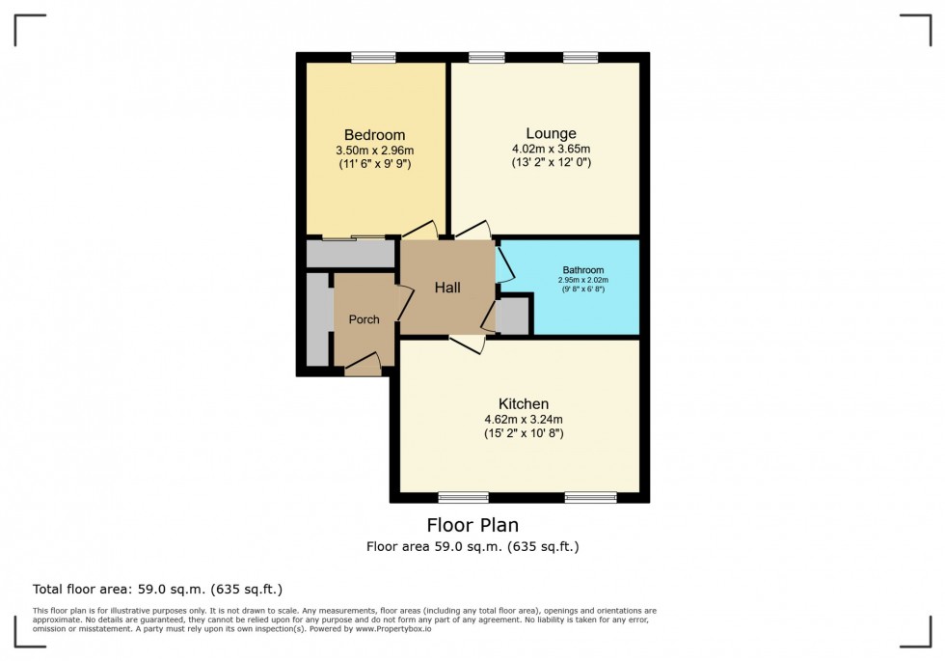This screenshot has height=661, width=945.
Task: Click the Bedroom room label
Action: pyautogui.click(x=374, y=135)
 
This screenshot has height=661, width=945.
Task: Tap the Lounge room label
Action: pyautogui.click(x=551, y=133)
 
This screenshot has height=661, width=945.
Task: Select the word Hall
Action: pyautogui.click(x=447, y=288)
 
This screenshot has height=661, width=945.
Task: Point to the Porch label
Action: pyautogui.click(x=364, y=319)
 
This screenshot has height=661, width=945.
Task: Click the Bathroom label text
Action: pyautogui.click(x=583, y=270)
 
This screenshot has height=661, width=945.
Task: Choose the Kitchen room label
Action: pyautogui.click(x=524, y=403)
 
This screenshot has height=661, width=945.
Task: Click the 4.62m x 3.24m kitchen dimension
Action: pyautogui.click(x=524, y=419)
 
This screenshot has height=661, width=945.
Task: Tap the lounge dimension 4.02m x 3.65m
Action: pyautogui.click(x=551, y=149)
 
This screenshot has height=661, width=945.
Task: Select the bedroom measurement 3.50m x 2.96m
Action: pyautogui.click(x=374, y=151)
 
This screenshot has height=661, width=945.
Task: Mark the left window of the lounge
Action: pyautogui.click(x=487, y=58)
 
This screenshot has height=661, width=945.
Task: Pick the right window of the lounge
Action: pyautogui.click(x=580, y=58)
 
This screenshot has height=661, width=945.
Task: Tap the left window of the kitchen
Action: pyautogui.click(x=463, y=498)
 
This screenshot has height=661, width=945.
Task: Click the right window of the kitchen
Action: pyautogui.click(x=590, y=498)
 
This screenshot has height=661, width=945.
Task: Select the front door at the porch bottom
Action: pyautogui.click(x=362, y=365)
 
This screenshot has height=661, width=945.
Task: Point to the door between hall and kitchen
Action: pyautogui.click(x=467, y=342)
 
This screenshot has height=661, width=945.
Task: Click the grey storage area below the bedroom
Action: pyautogui.click(x=350, y=254)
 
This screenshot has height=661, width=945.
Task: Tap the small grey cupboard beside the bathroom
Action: pyautogui.click(x=512, y=317)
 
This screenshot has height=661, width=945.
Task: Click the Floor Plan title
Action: pyautogui.click(x=472, y=526)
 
